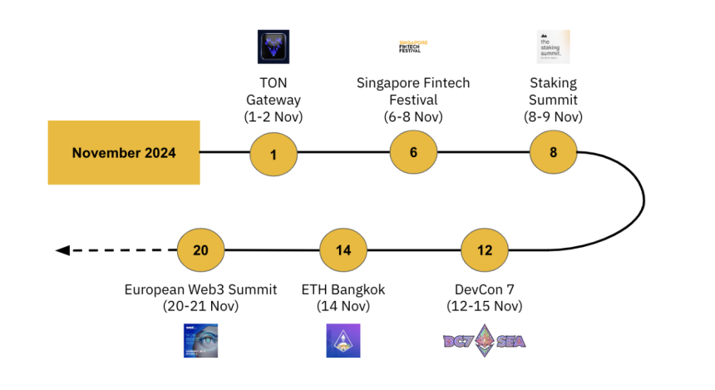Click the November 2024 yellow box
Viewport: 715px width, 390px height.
pyautogui.click(x=124, y=152)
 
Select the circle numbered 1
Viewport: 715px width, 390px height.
pyautogui.click(x=274, y=153)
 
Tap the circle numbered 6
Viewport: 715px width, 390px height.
pyautogui.click(x=413, y=153)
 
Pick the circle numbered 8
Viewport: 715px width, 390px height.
pyautogui.click(x=554, y=153)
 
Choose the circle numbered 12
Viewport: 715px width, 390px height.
pyautogui.click(x=485, y=250)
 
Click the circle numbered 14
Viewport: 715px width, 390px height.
pyautogui.click(x=343, y=250)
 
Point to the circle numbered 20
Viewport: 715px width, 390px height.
pyautogui.click(x=201, y=250)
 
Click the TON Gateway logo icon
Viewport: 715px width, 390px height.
pyautogui.click(x=274, y=47)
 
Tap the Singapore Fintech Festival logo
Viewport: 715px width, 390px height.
pyautogui.click(x=413, y=47)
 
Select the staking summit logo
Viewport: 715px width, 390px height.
pyautogui.click(x=553, y=47)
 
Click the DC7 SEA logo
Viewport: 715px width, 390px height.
pyautogui.click(x=484, y=341)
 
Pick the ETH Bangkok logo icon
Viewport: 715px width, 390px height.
pyautogui.click(x=343, y=341)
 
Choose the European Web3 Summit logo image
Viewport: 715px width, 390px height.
pyautogui.click(x=200, y=341)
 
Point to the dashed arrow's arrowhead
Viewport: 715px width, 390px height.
pyautogui.click(x=62, y=250)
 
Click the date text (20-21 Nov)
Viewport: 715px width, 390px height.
pyautogui.click(x=201, y=306)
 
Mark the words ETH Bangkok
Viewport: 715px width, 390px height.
pyautogui.click(x=343, y=290)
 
